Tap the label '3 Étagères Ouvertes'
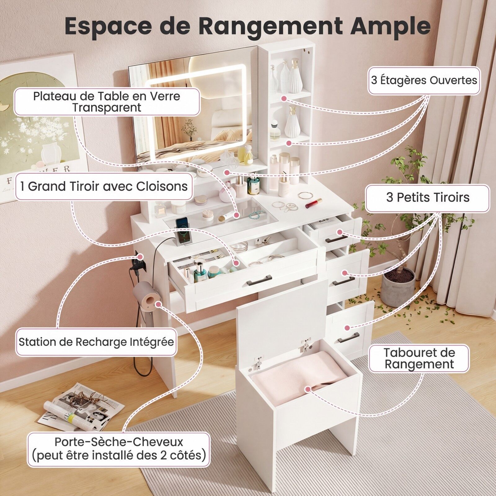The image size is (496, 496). point(424,81)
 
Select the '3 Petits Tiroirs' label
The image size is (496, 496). point(427,198)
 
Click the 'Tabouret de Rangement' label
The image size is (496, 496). point(419,358)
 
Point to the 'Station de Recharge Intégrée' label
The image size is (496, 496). point(96,342)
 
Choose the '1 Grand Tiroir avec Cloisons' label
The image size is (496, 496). point(104,186)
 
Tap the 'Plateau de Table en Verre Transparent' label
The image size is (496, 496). point(107,102)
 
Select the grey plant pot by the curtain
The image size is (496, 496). point(398,287)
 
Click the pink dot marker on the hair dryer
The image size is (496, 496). point(158,304)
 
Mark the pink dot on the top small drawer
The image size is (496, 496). point(340,232)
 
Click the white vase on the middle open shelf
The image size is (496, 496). point(292,122)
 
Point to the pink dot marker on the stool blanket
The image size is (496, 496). point(308,389)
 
